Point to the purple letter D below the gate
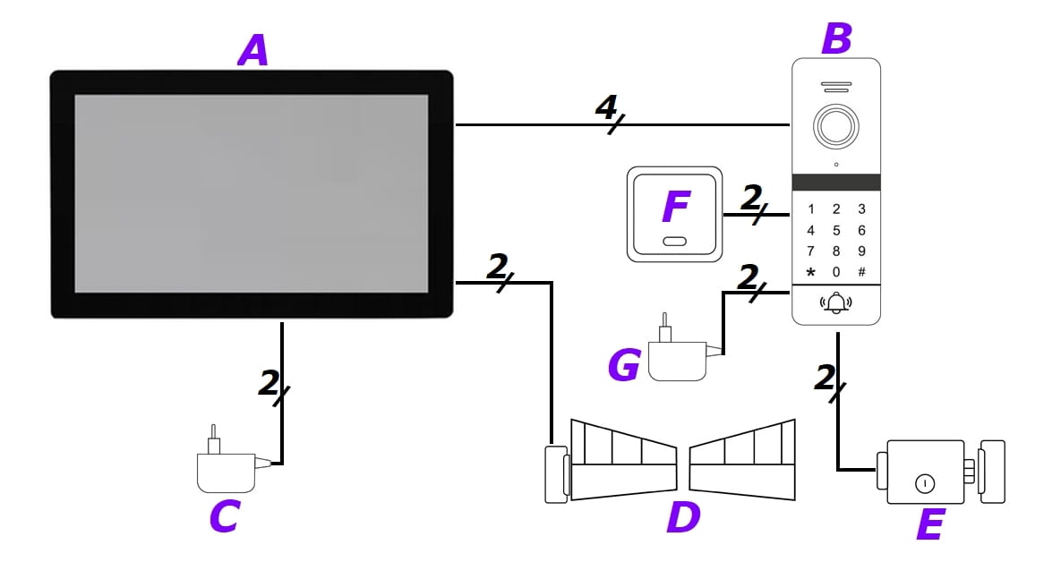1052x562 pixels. (x=683, y=516)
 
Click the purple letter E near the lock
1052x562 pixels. (x=929, y=524)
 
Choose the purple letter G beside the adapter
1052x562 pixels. (x=623, y=365)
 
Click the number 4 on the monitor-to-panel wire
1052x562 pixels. (x=607, y=110)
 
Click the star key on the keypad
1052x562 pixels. (x=811, y=272)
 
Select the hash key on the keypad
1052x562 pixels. (x=861, y=272)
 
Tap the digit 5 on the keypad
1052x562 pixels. (x=836, y=230)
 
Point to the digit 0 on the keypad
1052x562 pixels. (x=836, y=272)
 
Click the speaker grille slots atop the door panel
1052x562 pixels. (x=835, y=89)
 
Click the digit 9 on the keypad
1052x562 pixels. (x=861, y=251)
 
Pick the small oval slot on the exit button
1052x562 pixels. (x=675, y=241)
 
